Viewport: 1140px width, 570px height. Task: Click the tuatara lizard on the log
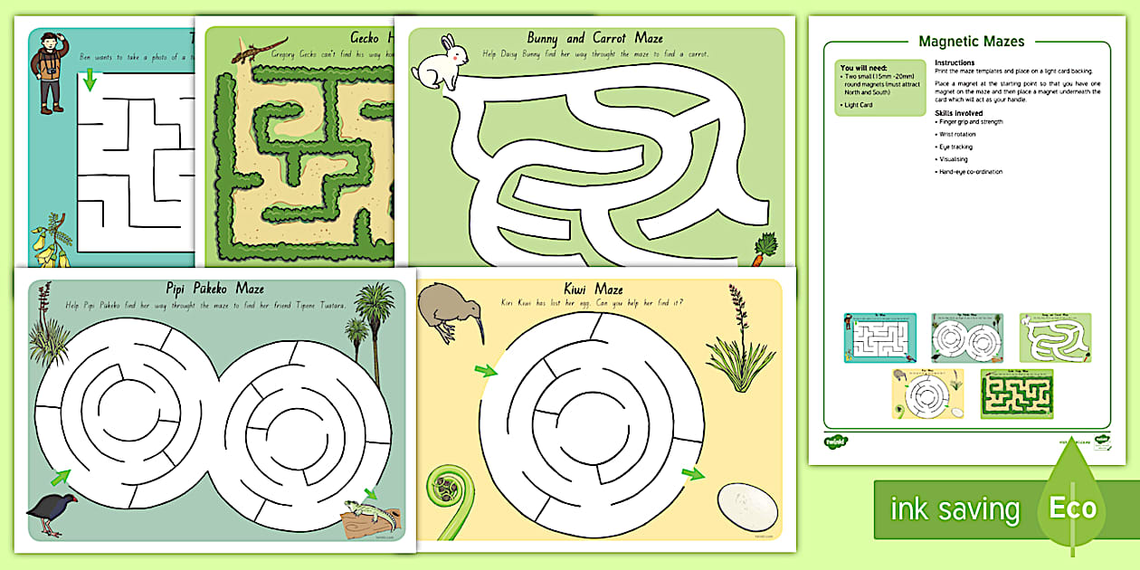372,516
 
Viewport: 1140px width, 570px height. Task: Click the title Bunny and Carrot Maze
595,38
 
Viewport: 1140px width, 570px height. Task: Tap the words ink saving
954,509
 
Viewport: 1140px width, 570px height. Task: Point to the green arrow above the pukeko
61,477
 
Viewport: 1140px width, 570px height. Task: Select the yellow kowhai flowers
48,243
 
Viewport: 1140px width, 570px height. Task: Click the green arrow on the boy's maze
89,81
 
